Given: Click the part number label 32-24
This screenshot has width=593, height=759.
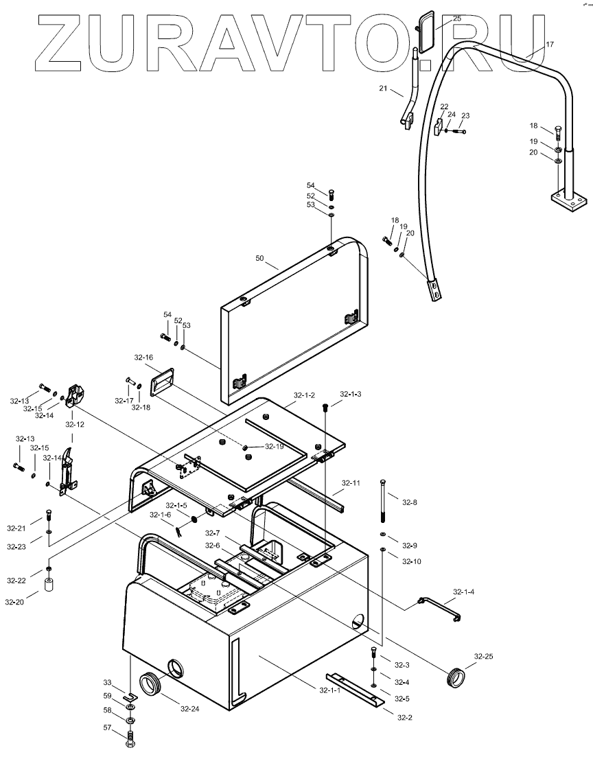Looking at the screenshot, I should (190, 708).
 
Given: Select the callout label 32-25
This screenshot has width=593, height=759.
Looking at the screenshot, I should (483, 656).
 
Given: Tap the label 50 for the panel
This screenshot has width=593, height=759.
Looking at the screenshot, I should (259, 259).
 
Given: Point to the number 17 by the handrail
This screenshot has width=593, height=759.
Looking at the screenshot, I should (550, 44).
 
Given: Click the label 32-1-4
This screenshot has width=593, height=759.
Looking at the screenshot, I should (464, 591).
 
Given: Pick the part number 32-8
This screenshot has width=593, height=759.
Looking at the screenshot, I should (410, 503).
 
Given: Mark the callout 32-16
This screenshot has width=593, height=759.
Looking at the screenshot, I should (143, 358).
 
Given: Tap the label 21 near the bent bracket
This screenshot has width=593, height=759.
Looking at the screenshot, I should (383, 89).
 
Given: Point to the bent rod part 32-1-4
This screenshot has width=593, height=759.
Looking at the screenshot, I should (439, 606).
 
